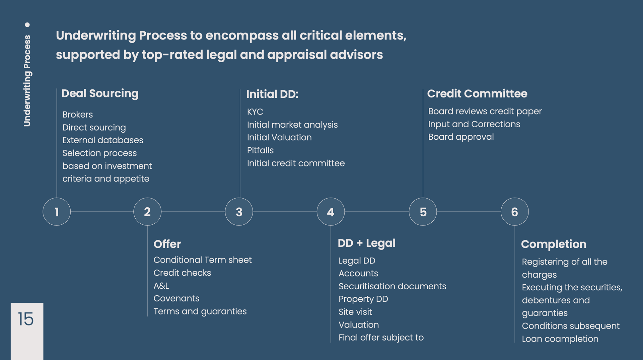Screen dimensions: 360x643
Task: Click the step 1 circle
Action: click(x=57, y=212)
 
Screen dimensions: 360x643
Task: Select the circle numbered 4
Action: click(x=331, y=212)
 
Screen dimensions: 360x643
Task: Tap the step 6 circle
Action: click(x=514, y=212)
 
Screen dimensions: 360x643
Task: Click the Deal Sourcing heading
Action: click(x=100, y=93)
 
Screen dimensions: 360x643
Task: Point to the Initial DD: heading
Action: click(x=272, y=94)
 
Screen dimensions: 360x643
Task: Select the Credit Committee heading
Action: click(x=477, y=93)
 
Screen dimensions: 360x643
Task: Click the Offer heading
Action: click(x=167, y=244)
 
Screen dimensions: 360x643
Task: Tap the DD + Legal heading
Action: click(x=366, y=243)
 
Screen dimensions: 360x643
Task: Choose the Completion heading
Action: click(x=554, y=244)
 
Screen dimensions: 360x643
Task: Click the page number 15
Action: click(x=26, y=319)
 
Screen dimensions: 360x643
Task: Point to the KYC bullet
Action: click(x=255, y=112)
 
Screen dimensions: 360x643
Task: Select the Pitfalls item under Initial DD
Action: click(x=260, y=150)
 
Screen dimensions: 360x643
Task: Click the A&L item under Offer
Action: click(x=161, y=286)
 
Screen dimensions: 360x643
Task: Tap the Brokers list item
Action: click(x=77, y=115)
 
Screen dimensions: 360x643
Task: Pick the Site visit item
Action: click(x=355, y=312)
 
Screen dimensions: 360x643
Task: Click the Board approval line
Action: click(x=461, y=137)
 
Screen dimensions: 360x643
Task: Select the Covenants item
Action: click(x=176, y=298)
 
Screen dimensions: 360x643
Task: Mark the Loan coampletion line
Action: click(x=560, y=339)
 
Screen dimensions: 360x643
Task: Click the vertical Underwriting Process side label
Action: click(x=27, y=81)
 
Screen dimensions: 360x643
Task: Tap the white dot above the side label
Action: click(x=27, y=25)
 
